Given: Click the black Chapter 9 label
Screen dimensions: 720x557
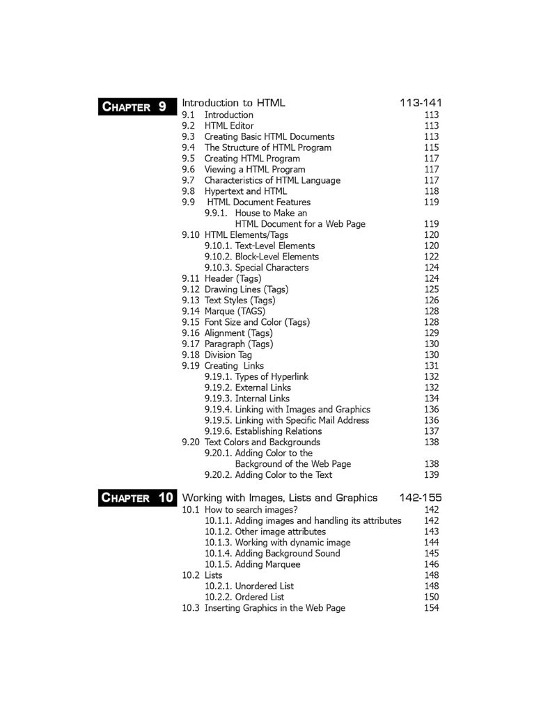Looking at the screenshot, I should point(136,106).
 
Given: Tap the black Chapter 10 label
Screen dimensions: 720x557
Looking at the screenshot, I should point(136,497).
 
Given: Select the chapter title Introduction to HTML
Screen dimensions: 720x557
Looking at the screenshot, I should point(233,103).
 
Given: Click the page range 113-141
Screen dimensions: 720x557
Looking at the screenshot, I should point(421,103).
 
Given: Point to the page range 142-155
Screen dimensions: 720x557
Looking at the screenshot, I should point(421,497).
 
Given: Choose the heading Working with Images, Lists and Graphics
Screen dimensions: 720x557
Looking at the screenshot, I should point(280,497).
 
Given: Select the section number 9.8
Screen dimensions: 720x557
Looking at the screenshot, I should point(189,191).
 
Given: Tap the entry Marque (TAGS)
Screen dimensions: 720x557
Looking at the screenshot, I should point(235,312).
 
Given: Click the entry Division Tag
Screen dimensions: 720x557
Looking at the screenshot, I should point(228,355).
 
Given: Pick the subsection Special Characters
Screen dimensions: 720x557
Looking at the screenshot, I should point(272,268).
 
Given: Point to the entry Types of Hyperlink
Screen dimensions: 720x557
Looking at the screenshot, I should point(272,377).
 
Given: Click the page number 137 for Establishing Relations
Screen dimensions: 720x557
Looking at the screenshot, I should point(432,431).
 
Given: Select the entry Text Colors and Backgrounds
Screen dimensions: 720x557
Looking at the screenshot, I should point(262,442).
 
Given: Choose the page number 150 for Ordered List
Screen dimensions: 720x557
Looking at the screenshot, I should point(432,597).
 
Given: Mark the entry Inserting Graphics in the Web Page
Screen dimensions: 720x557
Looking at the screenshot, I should point(274,608).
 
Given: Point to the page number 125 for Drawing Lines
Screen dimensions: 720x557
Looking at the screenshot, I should point(432,289).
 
